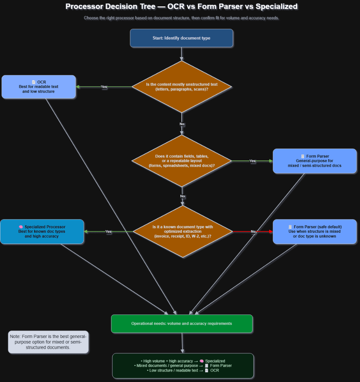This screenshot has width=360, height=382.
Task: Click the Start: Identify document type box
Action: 181,38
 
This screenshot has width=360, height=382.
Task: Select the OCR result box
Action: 39,87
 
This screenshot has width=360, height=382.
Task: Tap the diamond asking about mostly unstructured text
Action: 182,87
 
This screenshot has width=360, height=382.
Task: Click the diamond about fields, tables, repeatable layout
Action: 182,161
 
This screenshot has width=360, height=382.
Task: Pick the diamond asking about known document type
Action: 182,232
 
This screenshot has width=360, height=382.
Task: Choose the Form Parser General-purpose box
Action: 314,161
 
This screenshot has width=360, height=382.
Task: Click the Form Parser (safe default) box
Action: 314,231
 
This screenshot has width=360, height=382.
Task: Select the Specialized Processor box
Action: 42,231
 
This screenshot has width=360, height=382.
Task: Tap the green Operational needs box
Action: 182,323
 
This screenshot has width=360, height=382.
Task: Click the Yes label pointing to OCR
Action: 104,87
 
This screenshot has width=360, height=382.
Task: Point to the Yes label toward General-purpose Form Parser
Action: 253,161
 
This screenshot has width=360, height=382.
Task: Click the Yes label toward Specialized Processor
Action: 108,232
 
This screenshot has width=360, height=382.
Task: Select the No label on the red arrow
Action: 253,232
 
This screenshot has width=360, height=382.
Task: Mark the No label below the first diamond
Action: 182,124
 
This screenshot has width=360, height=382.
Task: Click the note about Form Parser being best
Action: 48,342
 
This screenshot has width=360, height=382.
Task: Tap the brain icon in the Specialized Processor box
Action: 21,227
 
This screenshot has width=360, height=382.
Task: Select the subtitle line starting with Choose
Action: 181,18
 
